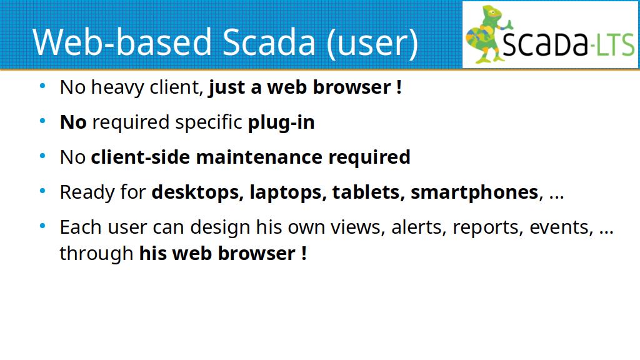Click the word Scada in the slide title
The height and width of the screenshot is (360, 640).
click(x=269, y=42)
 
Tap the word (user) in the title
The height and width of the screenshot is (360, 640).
click(x=372, y=43)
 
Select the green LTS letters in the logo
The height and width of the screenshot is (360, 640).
click(x=615, y=45)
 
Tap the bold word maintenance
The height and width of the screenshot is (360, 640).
click(x=259, y=157)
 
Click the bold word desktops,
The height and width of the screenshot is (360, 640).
click(x=197, y=192)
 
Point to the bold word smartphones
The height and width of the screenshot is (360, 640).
click(x=474, y=193)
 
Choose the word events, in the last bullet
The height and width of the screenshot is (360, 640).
click(x=561, y=227)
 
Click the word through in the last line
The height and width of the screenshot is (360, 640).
click(x=96, y=254)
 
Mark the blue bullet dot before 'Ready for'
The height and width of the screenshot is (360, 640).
click(x=43, y=191)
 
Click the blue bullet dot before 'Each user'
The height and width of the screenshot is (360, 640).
click(x=43, y=226)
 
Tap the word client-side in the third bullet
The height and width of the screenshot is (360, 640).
click(x=141, y=157)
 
